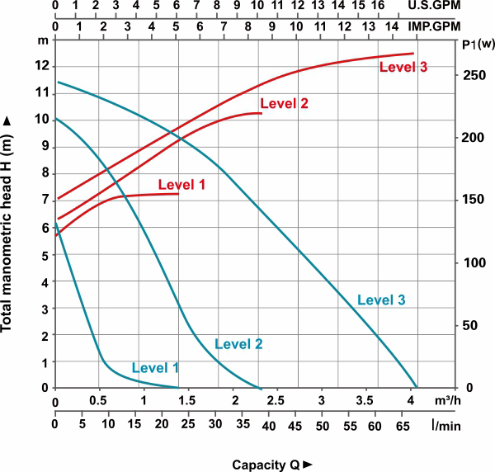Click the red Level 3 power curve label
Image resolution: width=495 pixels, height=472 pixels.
click(403, 67)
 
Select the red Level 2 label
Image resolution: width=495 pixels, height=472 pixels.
click(284, 104)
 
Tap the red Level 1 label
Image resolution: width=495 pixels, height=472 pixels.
click(181, 184)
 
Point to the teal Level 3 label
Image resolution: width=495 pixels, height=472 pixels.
click(381, 300)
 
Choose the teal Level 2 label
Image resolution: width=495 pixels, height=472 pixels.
click(238, 344)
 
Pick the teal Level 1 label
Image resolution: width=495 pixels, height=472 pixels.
click(154, 366)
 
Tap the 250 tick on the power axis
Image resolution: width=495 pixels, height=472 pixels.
click(471, 75)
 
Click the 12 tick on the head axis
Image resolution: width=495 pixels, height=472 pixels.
click(42, 66)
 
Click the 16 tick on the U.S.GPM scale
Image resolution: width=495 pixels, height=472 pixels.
click(378, 6)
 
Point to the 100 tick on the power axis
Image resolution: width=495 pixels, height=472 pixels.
click(471, 262)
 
